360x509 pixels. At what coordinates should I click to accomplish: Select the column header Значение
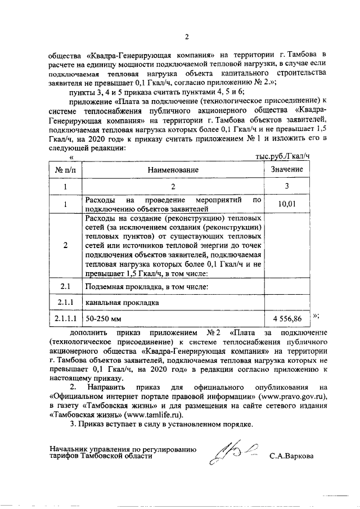[287, 169]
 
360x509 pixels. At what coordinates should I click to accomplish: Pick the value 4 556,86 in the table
[287, 318]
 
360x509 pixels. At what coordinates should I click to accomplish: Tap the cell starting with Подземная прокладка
[147, 287]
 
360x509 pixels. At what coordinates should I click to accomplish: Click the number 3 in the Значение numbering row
[287, 186]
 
